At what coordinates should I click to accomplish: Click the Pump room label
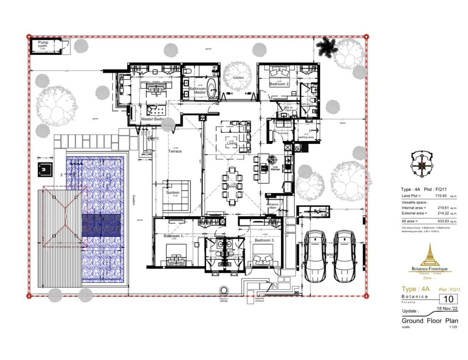[43, 44]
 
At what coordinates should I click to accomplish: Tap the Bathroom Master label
[198, 90]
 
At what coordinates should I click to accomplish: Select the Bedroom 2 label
[279, 84]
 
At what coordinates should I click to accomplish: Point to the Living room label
[232, 143]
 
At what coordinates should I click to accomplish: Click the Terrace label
[175, 151]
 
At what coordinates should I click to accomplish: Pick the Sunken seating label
[173, 192]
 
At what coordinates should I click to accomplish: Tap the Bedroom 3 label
[264, 240]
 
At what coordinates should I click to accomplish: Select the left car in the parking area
[315, 256]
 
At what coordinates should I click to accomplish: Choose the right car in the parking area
[345, 256]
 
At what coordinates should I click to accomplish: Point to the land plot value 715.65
[440, 196]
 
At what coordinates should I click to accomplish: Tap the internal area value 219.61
[443, 208]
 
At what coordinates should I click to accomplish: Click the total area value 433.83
[443, 221]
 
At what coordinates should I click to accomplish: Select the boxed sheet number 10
[448, 299]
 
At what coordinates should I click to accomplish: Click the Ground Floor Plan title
[430, 321]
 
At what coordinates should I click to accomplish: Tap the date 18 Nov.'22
[447, 309]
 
